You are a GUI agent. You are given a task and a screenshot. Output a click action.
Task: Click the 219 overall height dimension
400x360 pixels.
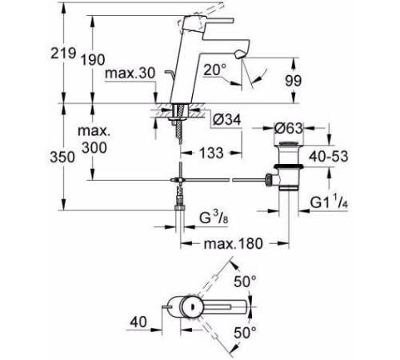(63, 54)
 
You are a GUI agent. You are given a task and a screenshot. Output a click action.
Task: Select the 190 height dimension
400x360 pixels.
(93, 60)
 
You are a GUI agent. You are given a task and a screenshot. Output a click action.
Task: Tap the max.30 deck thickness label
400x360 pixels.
(130, 73)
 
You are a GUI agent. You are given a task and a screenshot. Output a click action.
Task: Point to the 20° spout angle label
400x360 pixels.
(214, 70)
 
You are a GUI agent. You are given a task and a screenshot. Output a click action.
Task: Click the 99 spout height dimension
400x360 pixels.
(294, 81)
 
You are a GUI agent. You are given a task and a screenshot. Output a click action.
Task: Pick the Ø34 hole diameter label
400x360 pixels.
(227, 120)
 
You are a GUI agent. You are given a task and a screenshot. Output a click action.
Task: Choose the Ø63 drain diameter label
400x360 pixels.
(289, 129)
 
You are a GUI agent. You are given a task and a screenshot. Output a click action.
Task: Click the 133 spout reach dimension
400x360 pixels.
(211, 153)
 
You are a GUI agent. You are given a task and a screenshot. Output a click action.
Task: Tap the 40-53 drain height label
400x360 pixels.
(329, 156)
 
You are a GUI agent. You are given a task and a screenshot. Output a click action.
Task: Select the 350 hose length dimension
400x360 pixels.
(62, 157)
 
